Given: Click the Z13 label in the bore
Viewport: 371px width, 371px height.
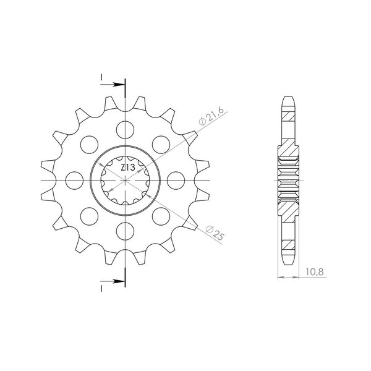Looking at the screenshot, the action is [128, 168].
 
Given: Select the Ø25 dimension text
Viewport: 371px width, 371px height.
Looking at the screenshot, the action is [215, 233].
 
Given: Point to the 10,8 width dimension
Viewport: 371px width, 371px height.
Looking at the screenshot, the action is [314, 272].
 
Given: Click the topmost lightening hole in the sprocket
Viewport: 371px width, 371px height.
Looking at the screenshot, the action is [125, 130].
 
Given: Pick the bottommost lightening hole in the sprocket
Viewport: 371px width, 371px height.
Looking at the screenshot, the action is [125, 231].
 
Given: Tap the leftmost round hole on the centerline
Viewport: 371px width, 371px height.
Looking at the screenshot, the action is [75, 181].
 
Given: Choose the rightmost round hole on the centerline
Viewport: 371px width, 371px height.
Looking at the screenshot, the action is [176, 181].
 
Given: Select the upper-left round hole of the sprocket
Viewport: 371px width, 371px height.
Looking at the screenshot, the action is [89, 145].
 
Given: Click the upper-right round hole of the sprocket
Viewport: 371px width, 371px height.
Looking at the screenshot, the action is [161, 145].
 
